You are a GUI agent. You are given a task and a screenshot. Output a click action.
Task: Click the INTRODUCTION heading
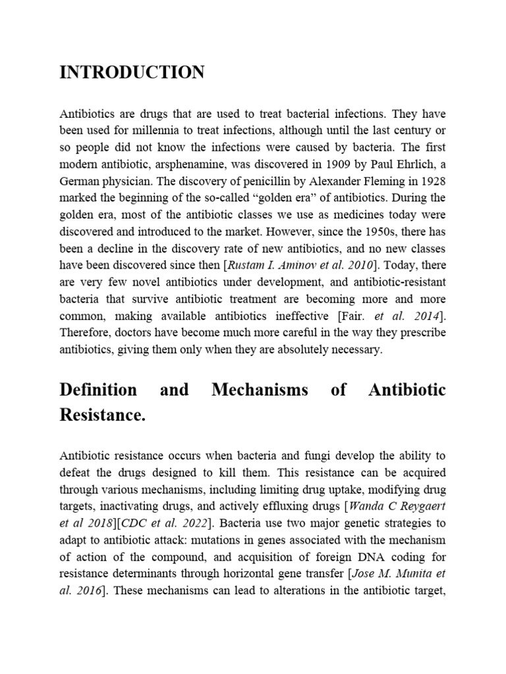pyautogui.click(x=132, y=72)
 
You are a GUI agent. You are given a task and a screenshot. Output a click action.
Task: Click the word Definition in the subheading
pyautogui.click(x=98, y=390)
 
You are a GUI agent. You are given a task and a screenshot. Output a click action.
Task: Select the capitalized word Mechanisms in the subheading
pyautogui.click(x=260, y=390)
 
